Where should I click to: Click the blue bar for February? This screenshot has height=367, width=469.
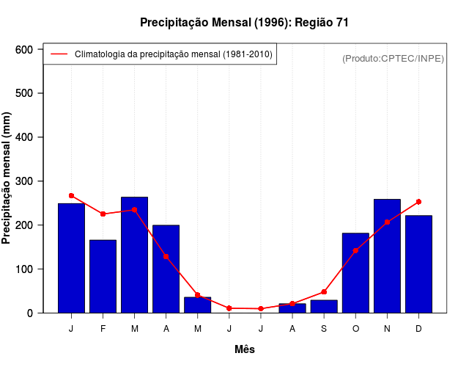(103, 276)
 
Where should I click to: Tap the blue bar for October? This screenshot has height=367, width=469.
(355, 272)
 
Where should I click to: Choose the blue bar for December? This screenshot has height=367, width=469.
(418, 264)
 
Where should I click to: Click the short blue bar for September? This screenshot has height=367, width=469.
(324, 306)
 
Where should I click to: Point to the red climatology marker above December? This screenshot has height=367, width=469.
(418, 201)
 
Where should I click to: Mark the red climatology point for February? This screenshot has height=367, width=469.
(103, 214)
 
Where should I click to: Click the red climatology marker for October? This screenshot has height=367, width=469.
(355, 250)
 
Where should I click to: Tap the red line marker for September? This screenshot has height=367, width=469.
(324, 292)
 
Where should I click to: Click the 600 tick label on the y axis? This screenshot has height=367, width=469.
(24, 49)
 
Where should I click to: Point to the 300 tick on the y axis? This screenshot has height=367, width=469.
(24, 181)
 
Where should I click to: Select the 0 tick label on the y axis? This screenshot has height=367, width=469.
(30, 313)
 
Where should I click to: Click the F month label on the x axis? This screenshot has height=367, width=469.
(103, 329)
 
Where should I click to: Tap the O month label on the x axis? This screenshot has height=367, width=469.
(355, 329)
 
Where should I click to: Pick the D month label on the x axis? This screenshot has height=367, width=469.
(418, 329)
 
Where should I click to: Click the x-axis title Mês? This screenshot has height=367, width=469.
(245, 349)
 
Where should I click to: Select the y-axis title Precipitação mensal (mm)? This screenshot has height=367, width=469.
(7, 178)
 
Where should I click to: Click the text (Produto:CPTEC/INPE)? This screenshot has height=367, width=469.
(393, 58)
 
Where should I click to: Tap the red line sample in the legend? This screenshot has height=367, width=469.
(59, 54)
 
